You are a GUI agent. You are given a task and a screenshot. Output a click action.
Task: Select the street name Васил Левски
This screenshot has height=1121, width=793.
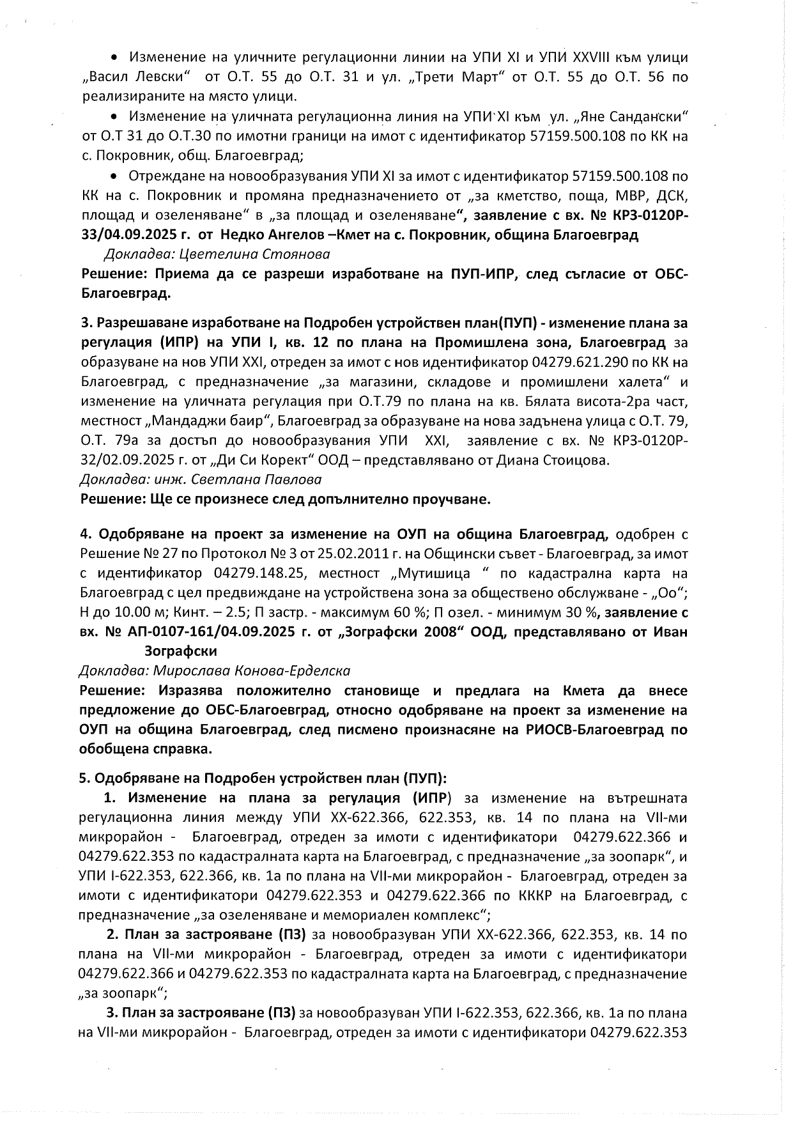click(136, 77)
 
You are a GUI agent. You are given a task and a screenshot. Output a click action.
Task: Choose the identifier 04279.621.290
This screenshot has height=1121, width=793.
click(589, 363)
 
